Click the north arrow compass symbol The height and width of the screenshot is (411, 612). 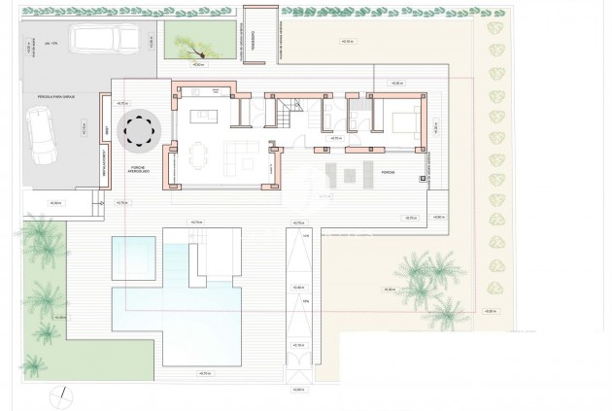pyautogui.click(x=61, y=396)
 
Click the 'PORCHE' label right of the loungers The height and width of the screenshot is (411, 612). pyautogui.click(x=388, y=171)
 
